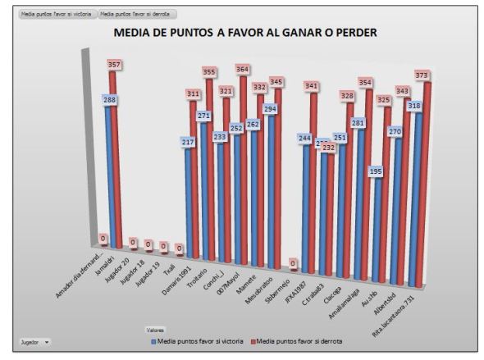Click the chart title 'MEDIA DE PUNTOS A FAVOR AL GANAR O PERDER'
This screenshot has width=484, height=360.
click(x=245, y=34)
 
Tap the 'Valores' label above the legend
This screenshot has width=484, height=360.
click(x=149, y=331)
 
